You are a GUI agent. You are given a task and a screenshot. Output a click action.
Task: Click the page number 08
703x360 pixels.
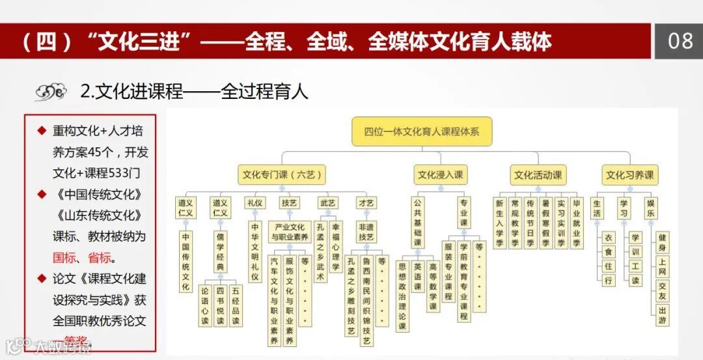click(x=680, y=41)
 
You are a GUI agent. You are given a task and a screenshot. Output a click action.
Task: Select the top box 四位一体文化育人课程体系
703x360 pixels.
click(x=421, y=131)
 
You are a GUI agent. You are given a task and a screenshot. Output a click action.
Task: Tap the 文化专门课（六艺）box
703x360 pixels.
click(x=281, y=174)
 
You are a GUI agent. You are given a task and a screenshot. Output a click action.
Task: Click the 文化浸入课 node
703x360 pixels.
click(x=440, y=174)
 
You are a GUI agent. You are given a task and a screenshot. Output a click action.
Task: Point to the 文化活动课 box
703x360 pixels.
click(x=538, y=174)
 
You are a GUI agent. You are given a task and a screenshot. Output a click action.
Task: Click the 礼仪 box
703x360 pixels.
click(x=255, y=203)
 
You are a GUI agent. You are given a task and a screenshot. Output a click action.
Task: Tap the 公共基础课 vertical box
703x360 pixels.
click(x=419, y=224)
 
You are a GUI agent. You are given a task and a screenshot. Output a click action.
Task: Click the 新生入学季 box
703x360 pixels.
click(x=499, y=223)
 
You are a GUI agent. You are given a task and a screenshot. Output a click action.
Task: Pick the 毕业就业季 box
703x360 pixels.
click(x=577, y=223)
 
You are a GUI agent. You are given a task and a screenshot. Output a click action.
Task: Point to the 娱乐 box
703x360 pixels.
click(x=652, y=208)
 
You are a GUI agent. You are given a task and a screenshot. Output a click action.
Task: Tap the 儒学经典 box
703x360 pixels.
click(x=220, y=252)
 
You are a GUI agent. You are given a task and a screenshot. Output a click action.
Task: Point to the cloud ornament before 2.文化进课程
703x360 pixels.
click(x=51, y=92)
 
